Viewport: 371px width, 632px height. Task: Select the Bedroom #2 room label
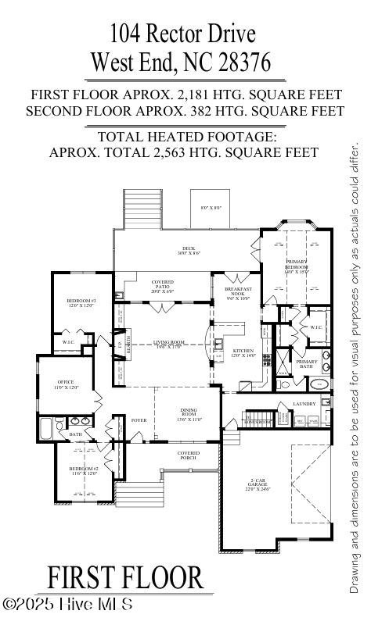(82, 470)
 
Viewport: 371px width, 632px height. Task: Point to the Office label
(67, 384)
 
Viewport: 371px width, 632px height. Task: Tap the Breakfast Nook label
(237, 294)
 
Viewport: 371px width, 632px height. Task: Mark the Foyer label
(139, 420)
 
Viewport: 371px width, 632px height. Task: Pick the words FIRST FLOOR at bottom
(124, 578)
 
